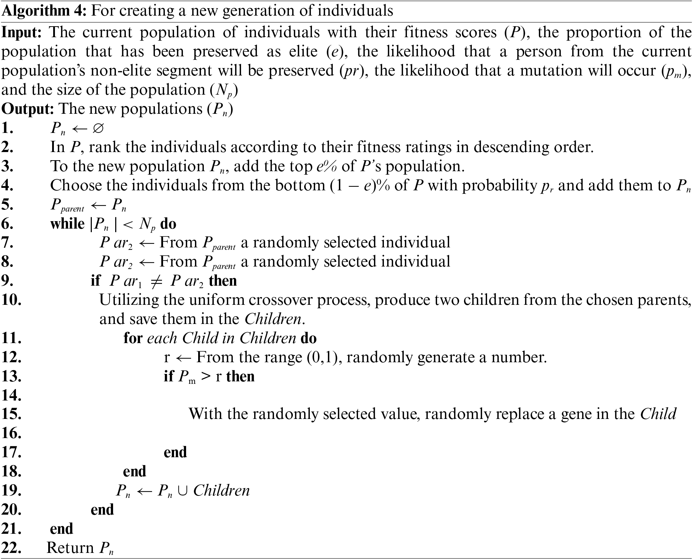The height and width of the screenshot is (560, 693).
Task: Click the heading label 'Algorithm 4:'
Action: click(x=44, y=11)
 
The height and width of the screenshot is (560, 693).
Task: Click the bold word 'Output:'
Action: click(x=28, y=109)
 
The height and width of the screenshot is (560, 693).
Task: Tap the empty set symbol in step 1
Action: click(x=97, y=128)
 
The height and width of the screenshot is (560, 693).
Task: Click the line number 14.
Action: click(x=12, y=395)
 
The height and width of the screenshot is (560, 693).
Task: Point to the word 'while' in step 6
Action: click(x=67, y=224)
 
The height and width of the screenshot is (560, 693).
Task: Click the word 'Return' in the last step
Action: click(x=70, y=548)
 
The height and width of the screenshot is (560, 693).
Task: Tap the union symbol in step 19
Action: click(x=183, y=491)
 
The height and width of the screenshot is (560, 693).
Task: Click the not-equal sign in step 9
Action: click(x=156, y=281)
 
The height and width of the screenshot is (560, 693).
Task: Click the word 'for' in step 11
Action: click(x=133, y=338)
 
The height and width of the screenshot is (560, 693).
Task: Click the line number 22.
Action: click(x=12, y=548)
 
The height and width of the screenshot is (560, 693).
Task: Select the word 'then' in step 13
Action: click(x=240, y=376)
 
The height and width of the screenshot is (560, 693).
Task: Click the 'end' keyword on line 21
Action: click(x=62, y=529)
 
